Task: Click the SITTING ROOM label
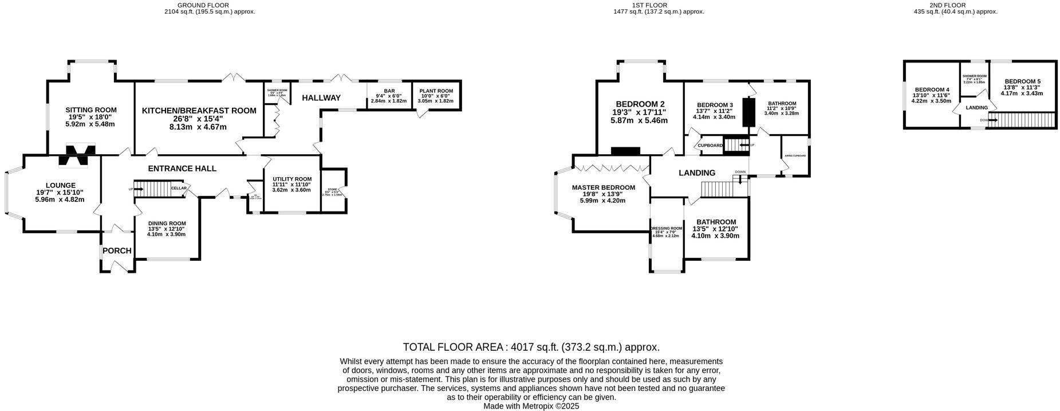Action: (91, 110)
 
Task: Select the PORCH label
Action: (117, 251)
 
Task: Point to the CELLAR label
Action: (178, 188)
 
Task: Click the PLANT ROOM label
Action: (436, 91)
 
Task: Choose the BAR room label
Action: (389, 91)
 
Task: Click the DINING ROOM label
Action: (167, 224)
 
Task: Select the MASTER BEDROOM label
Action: (603, 187)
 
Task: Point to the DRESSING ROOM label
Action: (667, 229)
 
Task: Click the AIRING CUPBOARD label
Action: (795, 156)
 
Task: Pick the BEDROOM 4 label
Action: (931, 90)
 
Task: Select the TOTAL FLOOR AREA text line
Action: (531, 347)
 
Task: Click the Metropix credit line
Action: (531, 406)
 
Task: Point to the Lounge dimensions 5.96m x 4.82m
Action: (60, 199)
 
